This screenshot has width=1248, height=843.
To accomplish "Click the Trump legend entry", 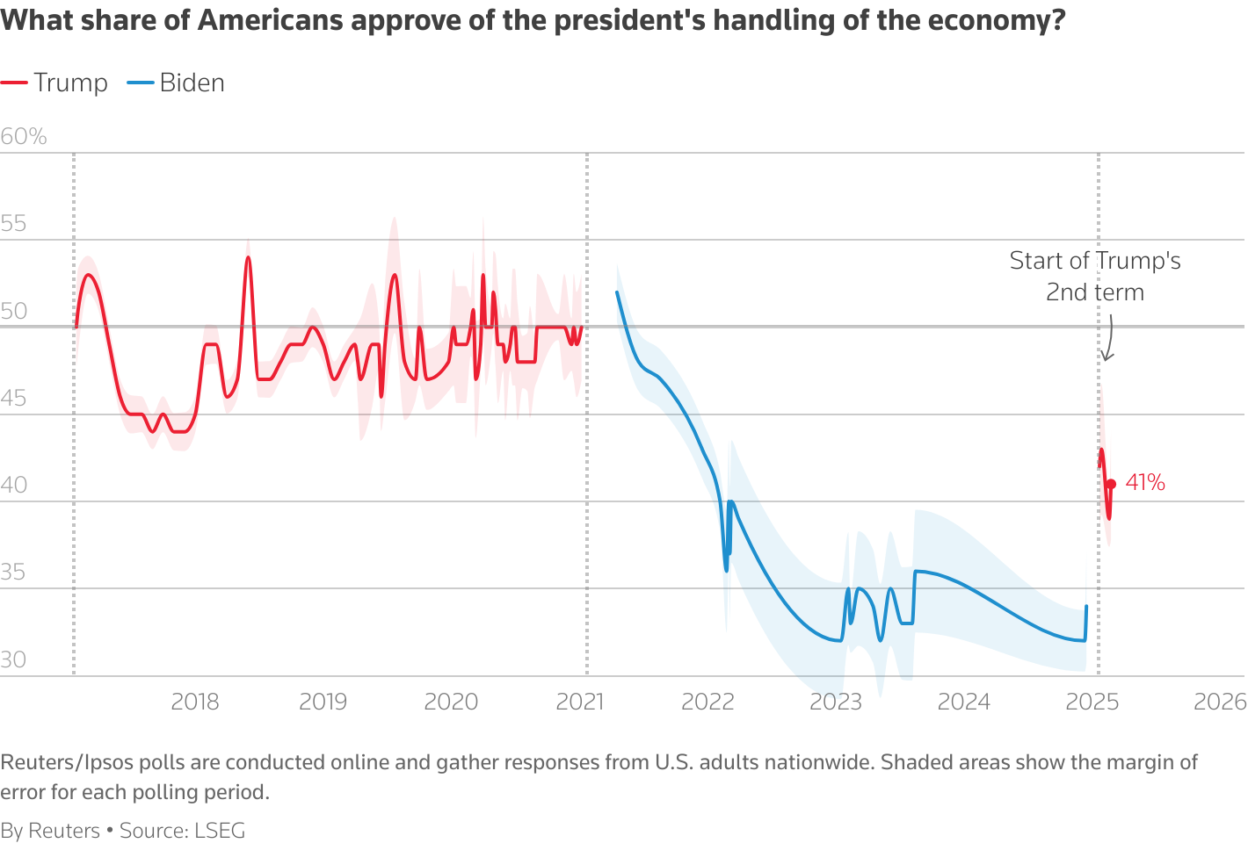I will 54,83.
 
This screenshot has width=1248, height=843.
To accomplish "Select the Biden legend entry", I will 177,83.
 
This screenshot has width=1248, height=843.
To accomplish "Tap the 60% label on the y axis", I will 24,137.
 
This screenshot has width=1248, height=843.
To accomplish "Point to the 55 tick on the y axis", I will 13,224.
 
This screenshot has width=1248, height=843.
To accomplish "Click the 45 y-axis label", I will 13,399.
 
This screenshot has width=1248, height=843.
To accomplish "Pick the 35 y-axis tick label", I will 13,573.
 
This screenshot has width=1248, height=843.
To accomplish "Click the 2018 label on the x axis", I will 195,702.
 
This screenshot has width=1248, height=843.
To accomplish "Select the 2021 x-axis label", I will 580,702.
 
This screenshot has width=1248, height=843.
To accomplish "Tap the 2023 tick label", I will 836,702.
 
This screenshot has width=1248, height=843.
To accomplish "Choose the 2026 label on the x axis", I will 1220,702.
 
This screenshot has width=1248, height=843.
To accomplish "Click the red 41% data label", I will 1145,483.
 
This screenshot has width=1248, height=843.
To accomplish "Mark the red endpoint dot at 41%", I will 1111,484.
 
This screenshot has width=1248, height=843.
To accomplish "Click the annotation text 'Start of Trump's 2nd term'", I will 1095,276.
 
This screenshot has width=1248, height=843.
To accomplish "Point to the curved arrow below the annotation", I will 1109,341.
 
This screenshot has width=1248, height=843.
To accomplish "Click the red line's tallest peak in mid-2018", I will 248,257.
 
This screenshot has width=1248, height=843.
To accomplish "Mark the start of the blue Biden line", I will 617,292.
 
